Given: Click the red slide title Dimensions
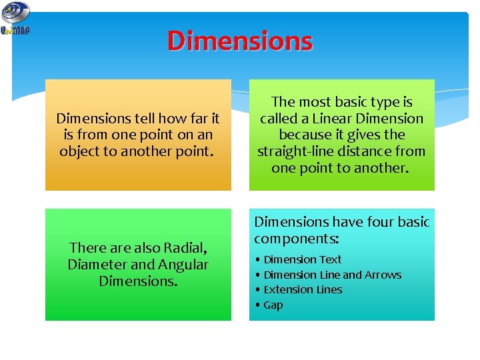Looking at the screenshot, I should (x=239, y=41).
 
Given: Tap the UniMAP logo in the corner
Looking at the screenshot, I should (x=15, y=19).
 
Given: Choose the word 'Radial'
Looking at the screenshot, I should (x=182, y=248).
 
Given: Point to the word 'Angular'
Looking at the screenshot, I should (x=183, y=265).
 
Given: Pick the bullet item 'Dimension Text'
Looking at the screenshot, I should (x=302, y=259).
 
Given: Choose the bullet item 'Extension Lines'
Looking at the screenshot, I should (x=303, y=290).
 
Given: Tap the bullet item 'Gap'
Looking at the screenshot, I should (x=273, y=305).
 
